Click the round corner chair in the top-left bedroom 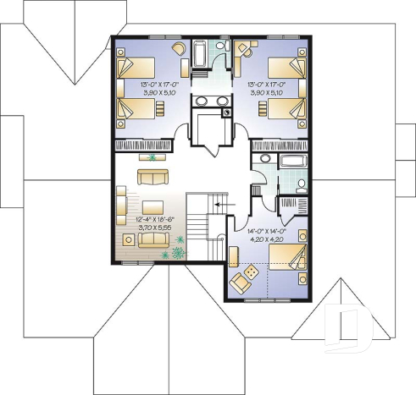[x=179, y=48]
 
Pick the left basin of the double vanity [x=201, y=102]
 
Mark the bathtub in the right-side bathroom [x=294, y=161]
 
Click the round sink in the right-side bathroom [x=264, y=160]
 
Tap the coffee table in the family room [x=153, y=206]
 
